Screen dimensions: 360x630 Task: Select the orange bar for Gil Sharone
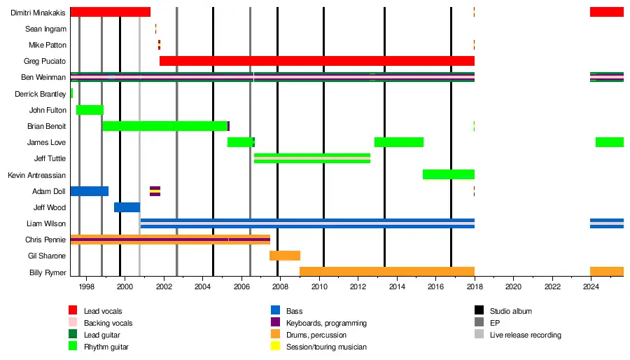pos(285,256)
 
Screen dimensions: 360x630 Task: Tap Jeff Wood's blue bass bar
pos(127,207)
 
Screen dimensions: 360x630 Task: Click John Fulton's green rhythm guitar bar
pos(90,110)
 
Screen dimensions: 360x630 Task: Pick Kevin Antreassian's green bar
pos(449,174)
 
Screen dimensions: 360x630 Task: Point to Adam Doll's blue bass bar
pos(89,191)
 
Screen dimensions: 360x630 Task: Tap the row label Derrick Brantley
pos(40,94)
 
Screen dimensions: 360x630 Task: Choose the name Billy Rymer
pos(48,272)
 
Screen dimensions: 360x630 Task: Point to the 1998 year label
pos(86,287)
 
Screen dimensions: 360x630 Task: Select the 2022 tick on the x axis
pos(552,287)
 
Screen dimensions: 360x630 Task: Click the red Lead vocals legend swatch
pos(73,311)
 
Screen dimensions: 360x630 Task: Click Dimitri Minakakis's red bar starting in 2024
pos(606,12)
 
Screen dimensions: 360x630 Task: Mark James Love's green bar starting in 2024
pos(609,142)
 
